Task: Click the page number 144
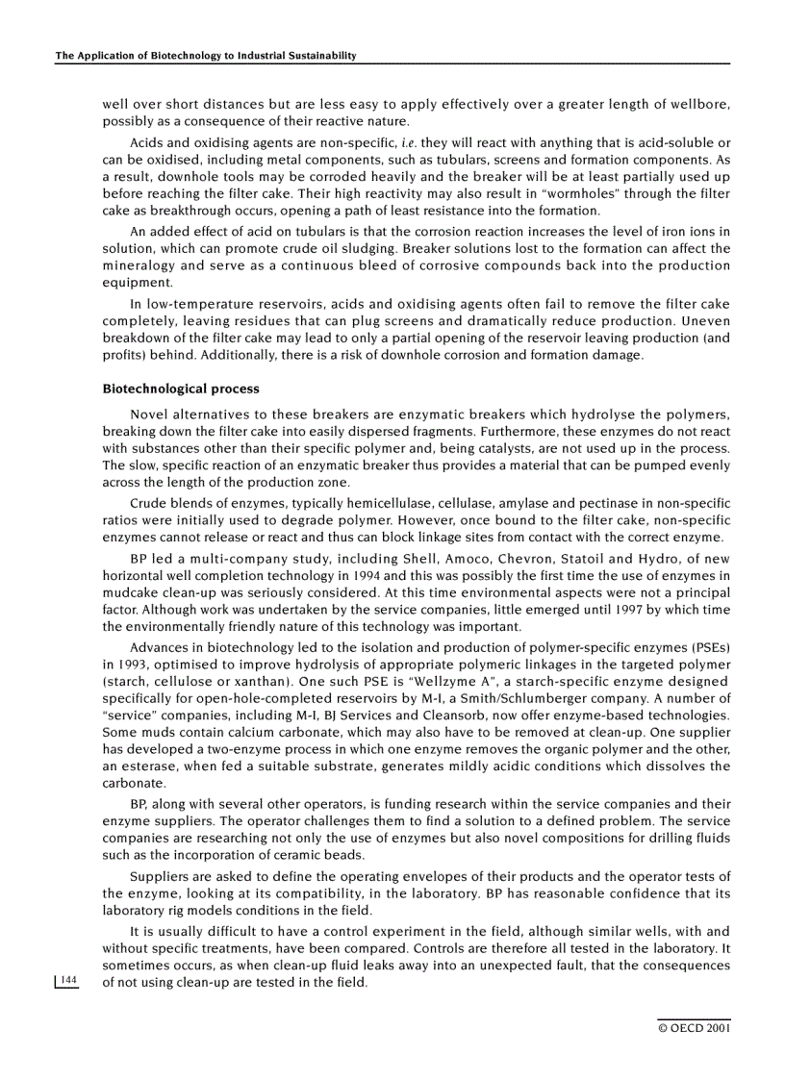point(67,980)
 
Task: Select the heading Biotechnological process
point(181,389)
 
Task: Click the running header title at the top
point(206,56)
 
